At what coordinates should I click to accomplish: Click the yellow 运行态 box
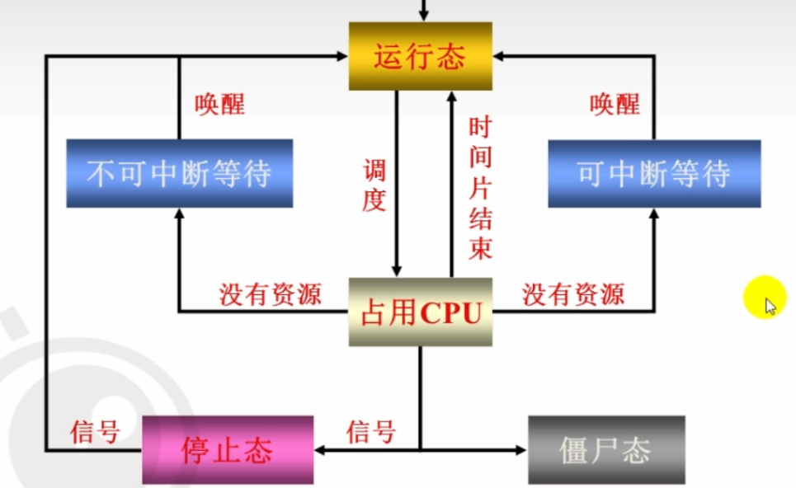[x=420, y=56]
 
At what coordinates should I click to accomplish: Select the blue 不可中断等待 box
[x=179, y=173]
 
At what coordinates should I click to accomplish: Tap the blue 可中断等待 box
[x=654, y=173]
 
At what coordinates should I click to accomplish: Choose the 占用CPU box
[x=421, y=312]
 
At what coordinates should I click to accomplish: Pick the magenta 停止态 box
[x=228, y=450]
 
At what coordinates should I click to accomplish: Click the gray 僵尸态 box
[x=605, y=450]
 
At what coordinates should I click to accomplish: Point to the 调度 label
[x=374, y=186]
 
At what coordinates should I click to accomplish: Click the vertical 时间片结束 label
[x=479, y=189]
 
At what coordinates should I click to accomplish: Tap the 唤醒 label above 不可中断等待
[x=219, y=105]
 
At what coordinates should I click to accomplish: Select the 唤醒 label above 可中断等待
[x=615, y=105]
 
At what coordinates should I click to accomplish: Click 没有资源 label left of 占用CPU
[x=270, y=294]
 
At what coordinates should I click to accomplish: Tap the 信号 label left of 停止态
[x=95, y=431]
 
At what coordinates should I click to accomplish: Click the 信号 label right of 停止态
[x=370, y=431]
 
